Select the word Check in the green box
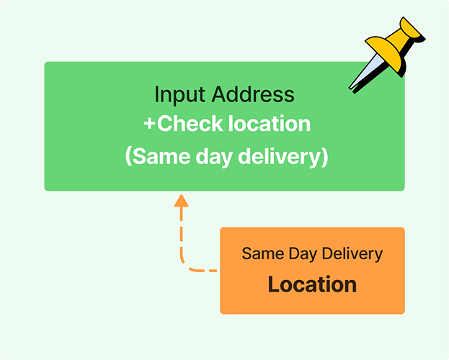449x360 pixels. point(190,124)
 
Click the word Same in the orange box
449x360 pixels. point(259,253)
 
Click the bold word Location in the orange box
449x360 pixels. point(312,284)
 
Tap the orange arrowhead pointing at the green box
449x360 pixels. point(182,200)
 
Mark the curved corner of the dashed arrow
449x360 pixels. point(187,266)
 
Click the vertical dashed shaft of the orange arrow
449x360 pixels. point(182,234)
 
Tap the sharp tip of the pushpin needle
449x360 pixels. point(351,89)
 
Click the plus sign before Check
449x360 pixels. point(149,125)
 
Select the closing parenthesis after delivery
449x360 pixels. point(324,157)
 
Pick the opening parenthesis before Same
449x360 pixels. point(129,157)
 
